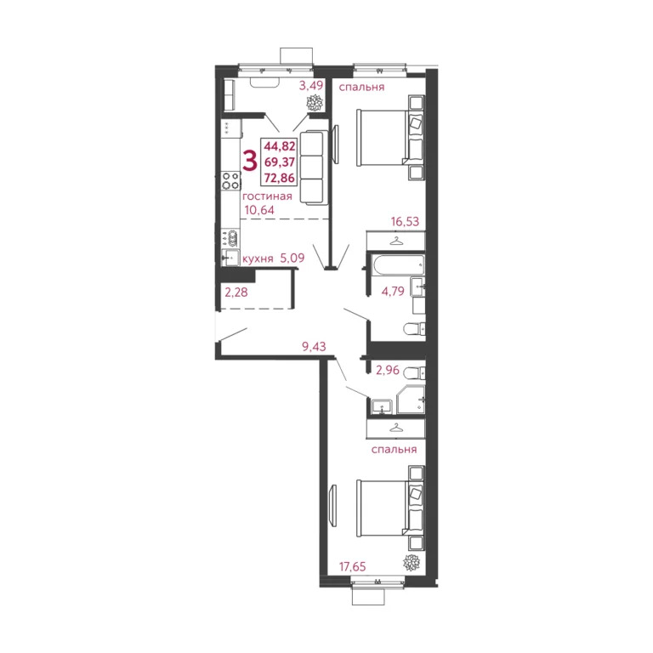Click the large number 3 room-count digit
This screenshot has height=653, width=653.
click(250, 159)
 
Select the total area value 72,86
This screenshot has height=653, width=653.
click(280, 177)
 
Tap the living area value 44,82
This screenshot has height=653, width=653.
click(280, 145)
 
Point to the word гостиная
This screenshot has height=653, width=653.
click(267, 196)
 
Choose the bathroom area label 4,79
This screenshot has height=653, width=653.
click(392, 292)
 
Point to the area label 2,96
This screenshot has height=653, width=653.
click(387, 370)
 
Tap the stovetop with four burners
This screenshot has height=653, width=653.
click(229, 180)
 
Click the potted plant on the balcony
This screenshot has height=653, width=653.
click(315, 103)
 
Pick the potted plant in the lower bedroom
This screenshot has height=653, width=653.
click(412, 564)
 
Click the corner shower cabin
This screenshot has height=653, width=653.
click(412, 399)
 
